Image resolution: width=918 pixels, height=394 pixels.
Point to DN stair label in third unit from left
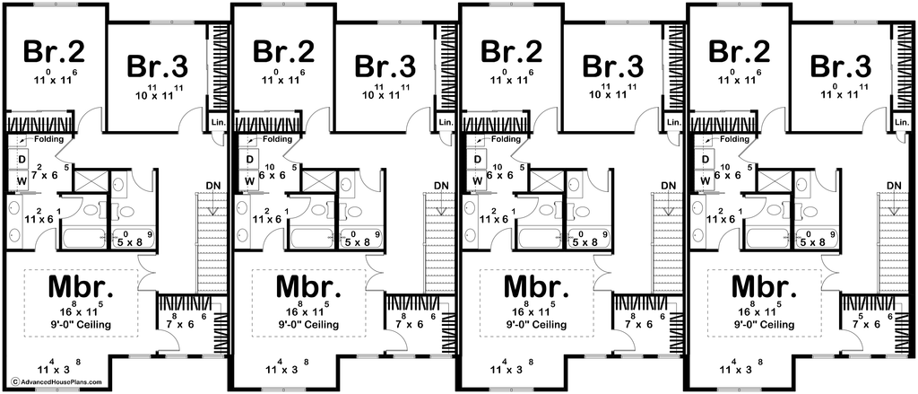click(x=669, y=186)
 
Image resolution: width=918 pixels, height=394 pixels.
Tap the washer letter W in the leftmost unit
click(x=22, y=180)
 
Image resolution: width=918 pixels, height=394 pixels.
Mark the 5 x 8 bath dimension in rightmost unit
click(x=812, y=241)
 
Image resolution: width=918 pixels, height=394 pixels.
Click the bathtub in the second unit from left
click(x=312, y=238)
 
